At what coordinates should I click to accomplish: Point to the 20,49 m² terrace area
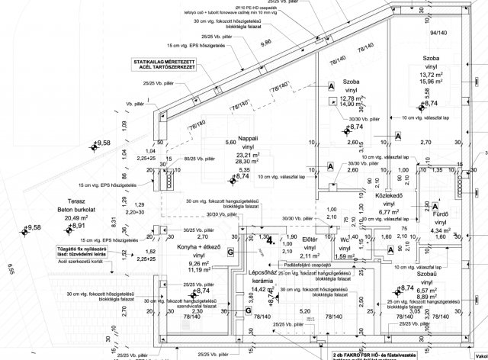69,217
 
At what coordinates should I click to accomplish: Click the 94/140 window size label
459,34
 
